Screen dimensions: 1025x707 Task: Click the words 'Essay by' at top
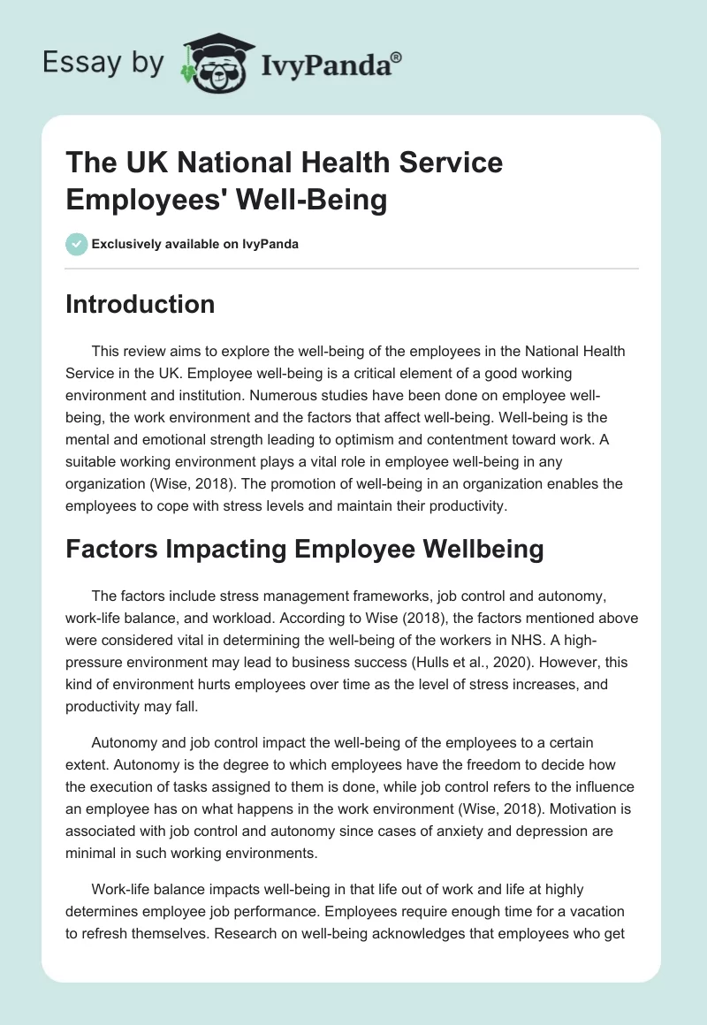pos(103,63)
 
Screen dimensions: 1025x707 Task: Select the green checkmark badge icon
pos(76,244)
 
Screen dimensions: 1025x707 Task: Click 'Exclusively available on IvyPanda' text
pos(194,245)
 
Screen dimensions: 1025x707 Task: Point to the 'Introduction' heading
pos(141,304)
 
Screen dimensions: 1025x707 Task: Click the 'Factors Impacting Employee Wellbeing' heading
pos(305,550)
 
